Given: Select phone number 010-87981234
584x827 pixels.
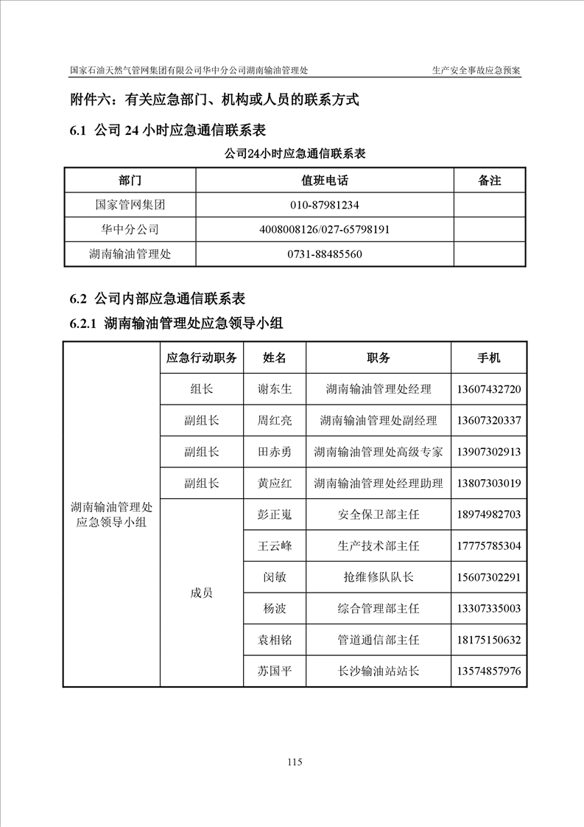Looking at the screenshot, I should pos(325,205).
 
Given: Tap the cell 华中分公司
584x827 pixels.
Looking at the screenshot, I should pos(130,229).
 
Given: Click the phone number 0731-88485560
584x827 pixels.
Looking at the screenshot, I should pos(325,254).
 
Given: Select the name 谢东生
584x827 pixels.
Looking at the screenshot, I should pos(275,389).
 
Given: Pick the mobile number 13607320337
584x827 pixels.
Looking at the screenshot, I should pos(489,421).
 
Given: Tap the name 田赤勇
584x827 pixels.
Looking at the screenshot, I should pos(275,452).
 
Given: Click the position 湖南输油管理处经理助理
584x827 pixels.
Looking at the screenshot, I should pos(378,484).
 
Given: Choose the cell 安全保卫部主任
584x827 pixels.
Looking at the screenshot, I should pos(378,514).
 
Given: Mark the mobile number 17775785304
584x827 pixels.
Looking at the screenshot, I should pos(489,546).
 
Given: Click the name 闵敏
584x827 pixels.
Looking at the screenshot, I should pos(275,577).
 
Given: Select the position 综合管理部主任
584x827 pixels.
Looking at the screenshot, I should pos(378,609).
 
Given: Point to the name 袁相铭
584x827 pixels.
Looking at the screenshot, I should pos(275,640).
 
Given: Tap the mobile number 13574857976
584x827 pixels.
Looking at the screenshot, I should pos(489,671).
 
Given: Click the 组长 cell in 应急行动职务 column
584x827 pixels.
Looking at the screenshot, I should pos(202,389).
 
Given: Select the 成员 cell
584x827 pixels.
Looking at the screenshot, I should pos(202,593).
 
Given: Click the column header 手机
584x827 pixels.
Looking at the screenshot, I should pos(489,358).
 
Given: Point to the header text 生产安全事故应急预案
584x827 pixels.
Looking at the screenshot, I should pos(476,71).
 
